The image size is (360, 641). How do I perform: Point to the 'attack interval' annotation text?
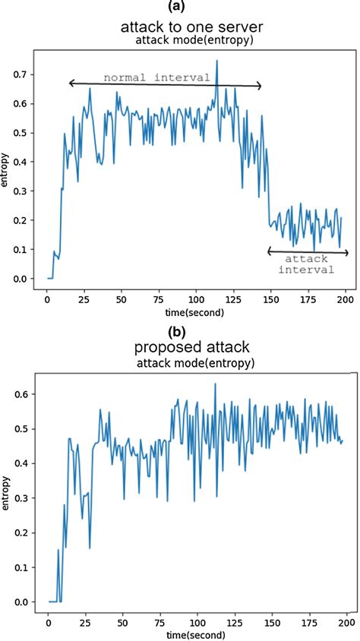[308, 264]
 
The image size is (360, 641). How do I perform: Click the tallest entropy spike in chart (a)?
[216, 61]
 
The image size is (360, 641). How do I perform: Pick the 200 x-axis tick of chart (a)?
[346, 298]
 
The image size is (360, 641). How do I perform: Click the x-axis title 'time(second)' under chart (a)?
[196, 311]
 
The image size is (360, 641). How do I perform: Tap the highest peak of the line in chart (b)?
[215, 384]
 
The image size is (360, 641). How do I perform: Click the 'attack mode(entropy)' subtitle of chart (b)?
[195, 363]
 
